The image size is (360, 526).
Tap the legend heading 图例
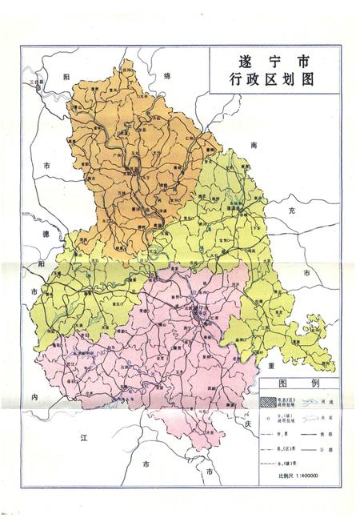coord(298,383)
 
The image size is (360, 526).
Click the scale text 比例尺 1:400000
coord(294,476)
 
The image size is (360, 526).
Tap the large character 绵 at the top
coord(168,76)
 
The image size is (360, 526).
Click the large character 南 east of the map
coord(254,146)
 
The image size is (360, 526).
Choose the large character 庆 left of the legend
coord(248,424)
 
